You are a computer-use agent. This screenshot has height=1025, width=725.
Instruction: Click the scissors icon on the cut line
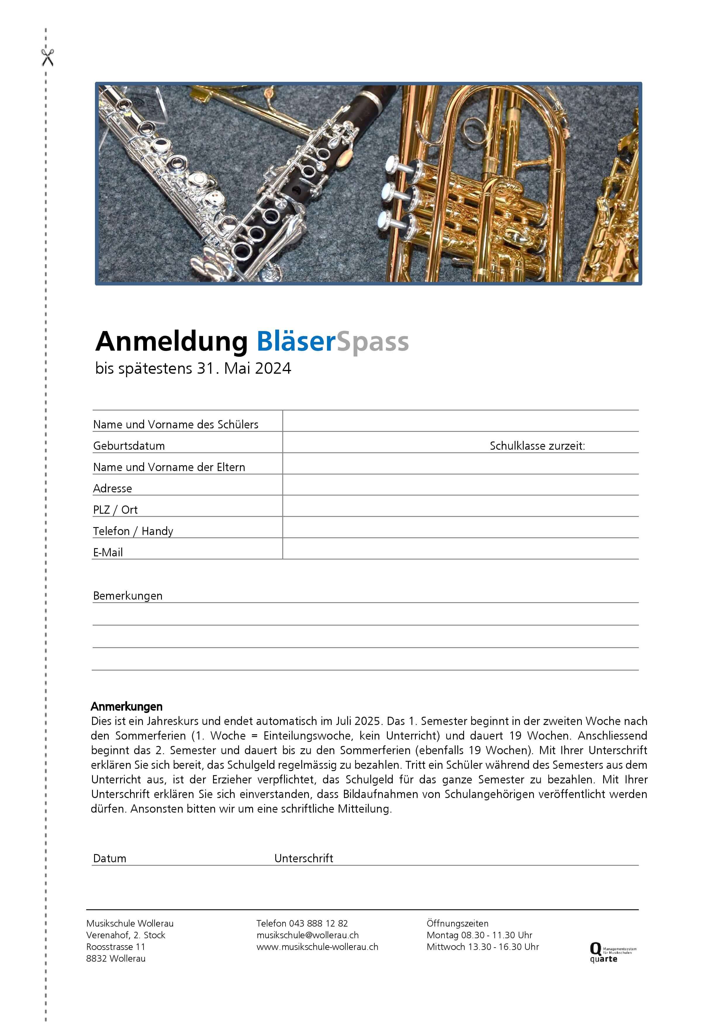47,58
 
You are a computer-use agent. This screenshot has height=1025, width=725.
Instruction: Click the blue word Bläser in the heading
295,342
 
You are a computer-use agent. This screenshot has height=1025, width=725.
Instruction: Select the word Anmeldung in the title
172,342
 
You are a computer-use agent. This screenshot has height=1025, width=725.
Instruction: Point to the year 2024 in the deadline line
273,369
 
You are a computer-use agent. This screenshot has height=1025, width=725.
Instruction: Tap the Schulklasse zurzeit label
537,446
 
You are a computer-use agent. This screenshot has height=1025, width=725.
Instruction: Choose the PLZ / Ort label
115,510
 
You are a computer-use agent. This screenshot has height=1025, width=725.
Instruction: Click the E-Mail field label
108,553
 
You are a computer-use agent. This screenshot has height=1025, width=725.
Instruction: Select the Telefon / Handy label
133,531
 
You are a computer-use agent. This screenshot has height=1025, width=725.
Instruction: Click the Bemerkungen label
128,596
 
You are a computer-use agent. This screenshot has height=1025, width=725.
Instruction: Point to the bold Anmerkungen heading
126,707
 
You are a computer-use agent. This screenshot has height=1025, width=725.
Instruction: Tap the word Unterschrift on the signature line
304,858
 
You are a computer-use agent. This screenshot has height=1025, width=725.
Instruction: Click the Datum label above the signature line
109,858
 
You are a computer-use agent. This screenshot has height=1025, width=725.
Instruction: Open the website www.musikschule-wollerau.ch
317,946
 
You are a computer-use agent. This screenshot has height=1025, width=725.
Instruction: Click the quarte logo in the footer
611,952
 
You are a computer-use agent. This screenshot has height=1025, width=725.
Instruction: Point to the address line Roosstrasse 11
116,946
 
